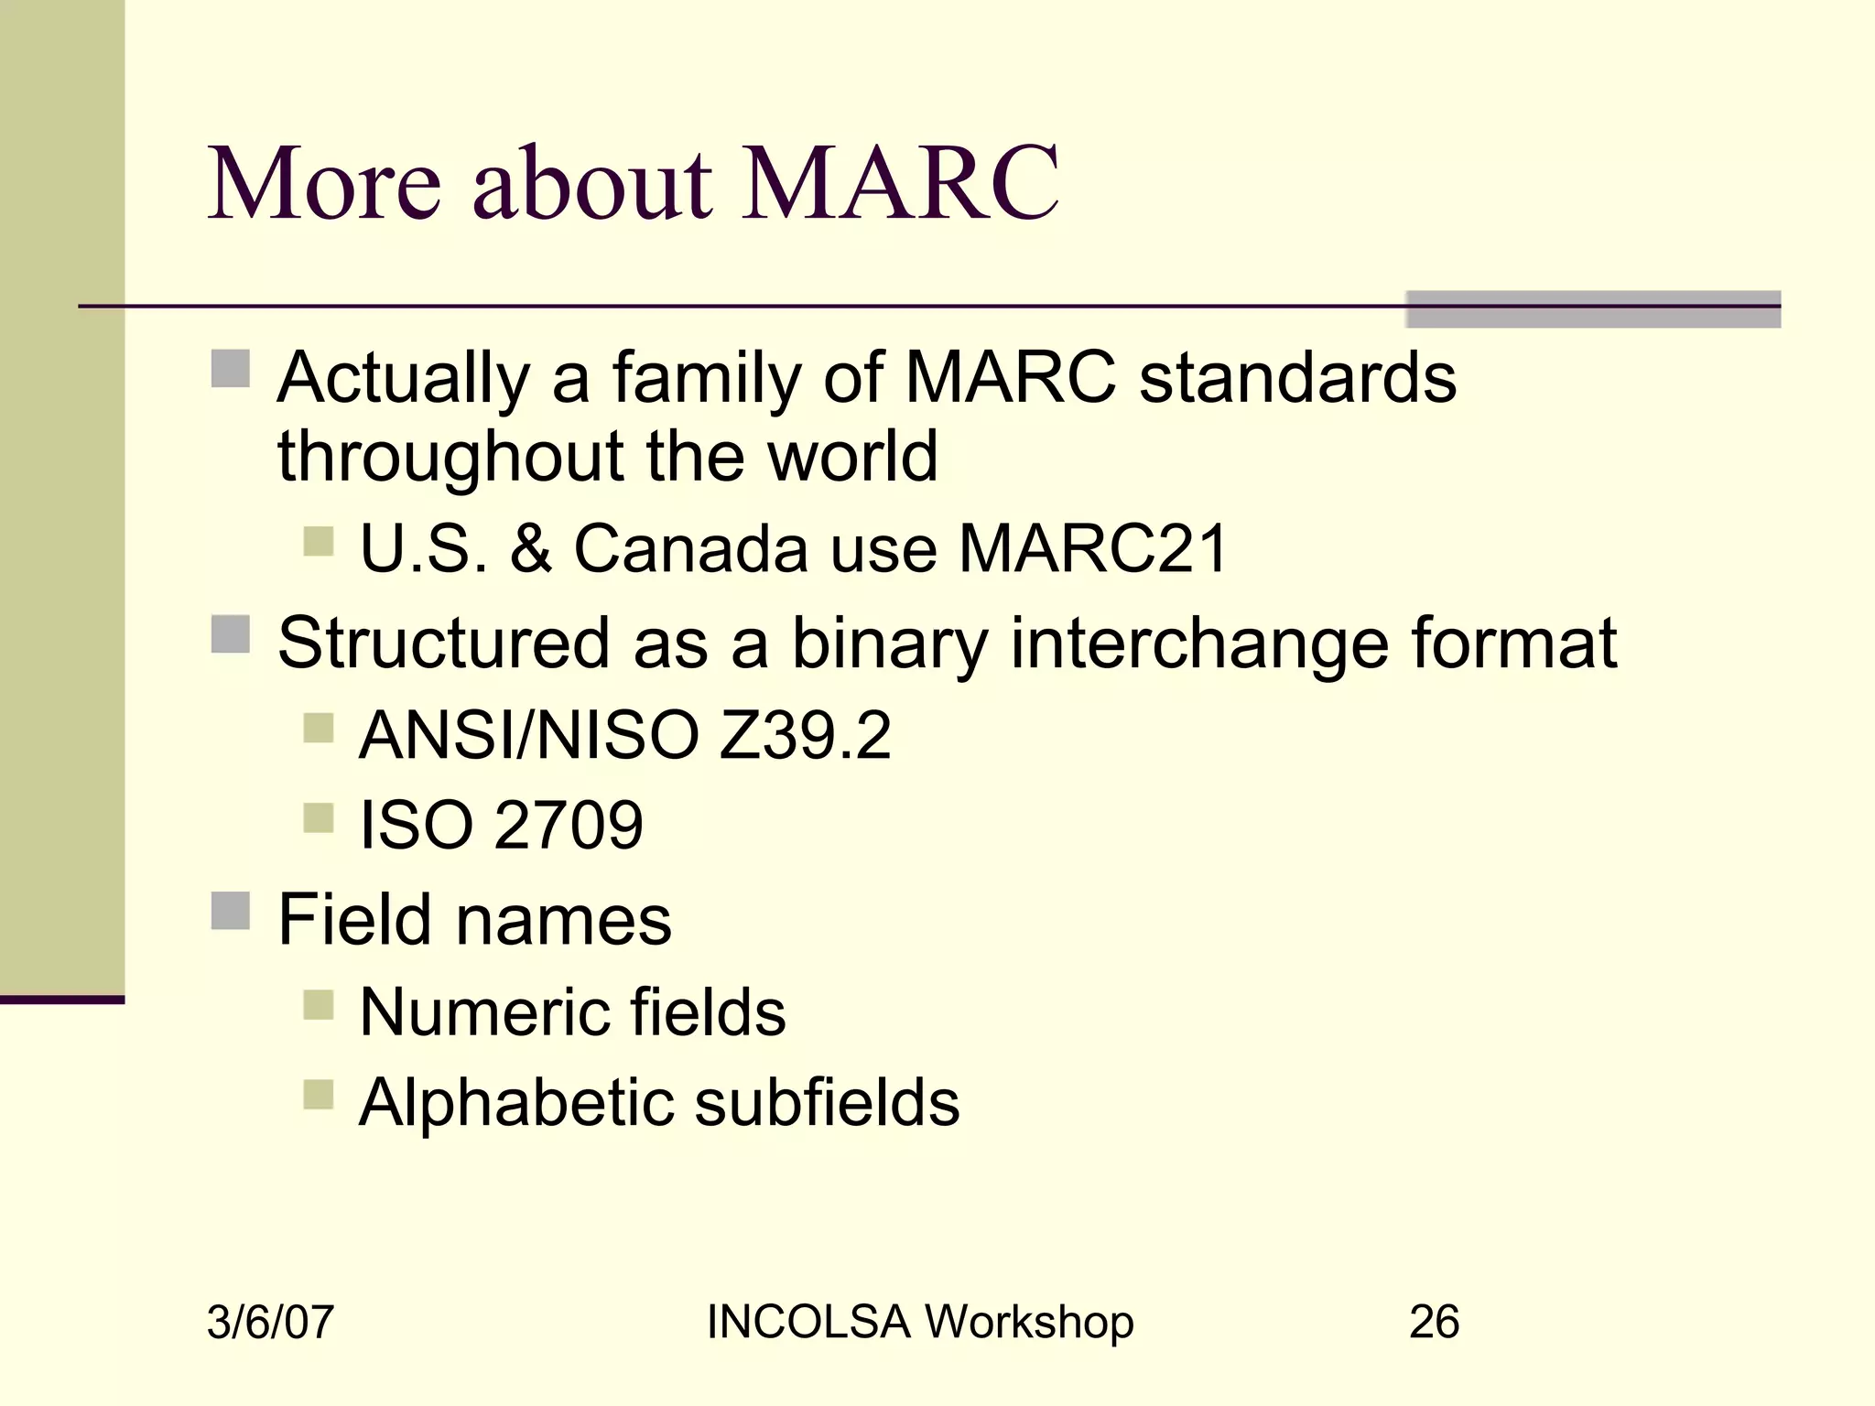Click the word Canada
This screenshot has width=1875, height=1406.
(691, 549)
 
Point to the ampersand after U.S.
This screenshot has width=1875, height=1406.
(531, 549)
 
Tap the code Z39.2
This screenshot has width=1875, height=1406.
(805, 735)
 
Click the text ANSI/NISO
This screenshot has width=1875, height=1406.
(529, 735)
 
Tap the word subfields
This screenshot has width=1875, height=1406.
(827, 1102)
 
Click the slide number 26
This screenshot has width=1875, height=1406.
(1434, 1322)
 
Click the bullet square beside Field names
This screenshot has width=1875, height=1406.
(230, 911)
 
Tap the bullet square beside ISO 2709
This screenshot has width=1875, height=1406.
(318, 817)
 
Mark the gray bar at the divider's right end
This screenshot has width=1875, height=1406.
(1593, 309)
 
